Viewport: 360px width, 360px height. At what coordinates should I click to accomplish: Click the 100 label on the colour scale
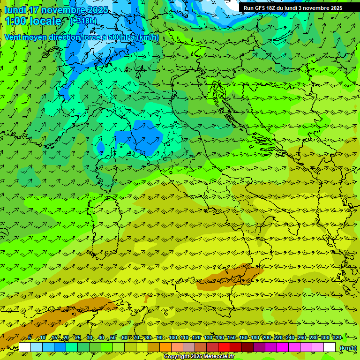click(x=173, y=338)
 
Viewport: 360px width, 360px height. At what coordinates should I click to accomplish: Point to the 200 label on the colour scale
click(x=267, y=338)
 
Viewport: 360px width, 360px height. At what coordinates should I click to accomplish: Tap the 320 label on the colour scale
click(x=337, y=338)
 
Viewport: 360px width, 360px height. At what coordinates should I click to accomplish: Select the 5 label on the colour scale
click(x=30, y=338)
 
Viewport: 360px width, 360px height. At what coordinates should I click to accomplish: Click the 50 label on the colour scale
click(x=113, y=338)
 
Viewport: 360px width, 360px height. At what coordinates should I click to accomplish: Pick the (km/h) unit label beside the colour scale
click(x=348, y=347)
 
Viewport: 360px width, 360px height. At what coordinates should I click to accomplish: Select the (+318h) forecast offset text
click(x=83, y=21)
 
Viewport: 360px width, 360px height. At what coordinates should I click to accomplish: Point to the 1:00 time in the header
click(x=16, y=21)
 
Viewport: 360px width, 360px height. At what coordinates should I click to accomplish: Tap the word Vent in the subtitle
click(x=14, y=37)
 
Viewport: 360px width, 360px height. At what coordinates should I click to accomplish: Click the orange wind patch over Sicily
click(x=230, y=276)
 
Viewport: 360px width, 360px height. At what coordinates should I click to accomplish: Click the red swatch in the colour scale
click(x=224, y=347)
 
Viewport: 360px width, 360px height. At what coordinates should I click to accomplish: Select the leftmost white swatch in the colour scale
click(x=25, y=347)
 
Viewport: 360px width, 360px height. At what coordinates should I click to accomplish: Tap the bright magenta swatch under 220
click(x=283, y=347)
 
